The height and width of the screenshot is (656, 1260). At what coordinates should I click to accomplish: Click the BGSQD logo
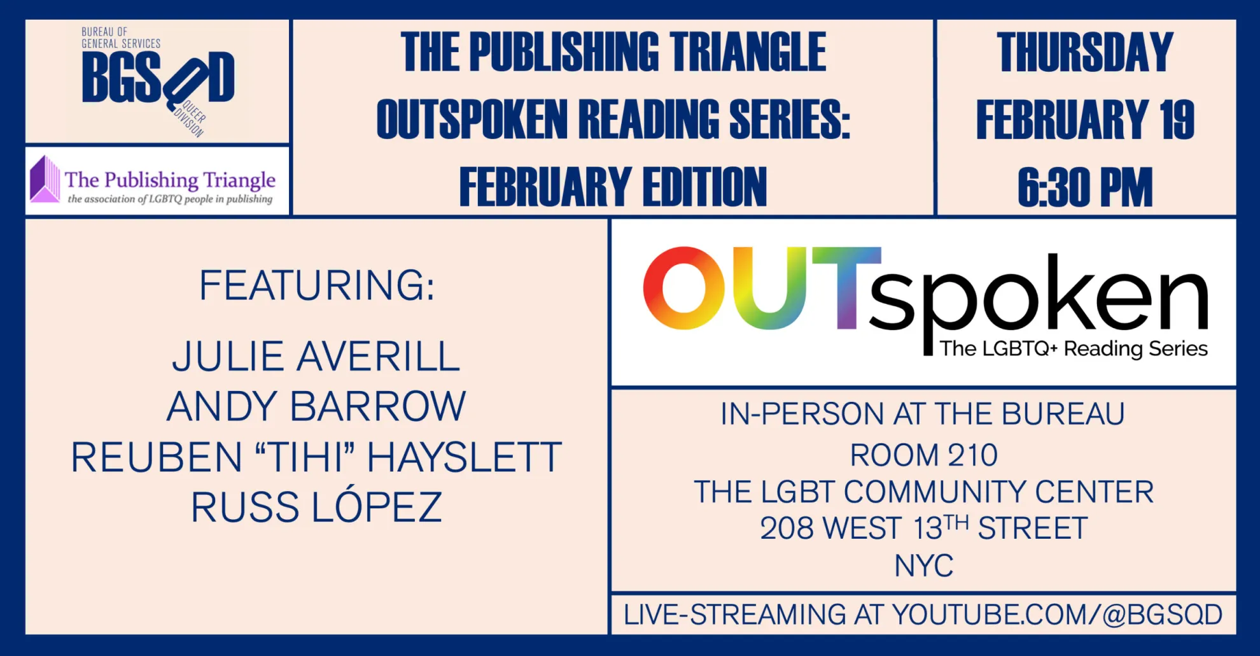pyautogui.click(x=158, y=82)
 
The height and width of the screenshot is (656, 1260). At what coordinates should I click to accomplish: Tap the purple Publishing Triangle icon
pyautogui.click(x=45, y=180)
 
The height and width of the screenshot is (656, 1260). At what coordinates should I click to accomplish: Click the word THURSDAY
pyautogui.click(x=1085, y=52)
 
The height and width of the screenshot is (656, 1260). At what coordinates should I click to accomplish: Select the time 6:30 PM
pyautogui.click(x=1085, y=187)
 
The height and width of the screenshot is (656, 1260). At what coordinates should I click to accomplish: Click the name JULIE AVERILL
pyautogui.click(x=316, y=356)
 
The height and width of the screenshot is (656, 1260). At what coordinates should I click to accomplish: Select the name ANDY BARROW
pyautogui.click(x=316, y=406)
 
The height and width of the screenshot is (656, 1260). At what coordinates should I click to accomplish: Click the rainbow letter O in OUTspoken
pyautogui.click(x=684, y=288)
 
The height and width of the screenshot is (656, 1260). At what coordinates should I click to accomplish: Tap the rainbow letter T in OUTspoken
pyautogui.click(x=846, y=288)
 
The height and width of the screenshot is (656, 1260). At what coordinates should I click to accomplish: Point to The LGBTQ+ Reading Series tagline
pyautogui.click(x=1074, y=349)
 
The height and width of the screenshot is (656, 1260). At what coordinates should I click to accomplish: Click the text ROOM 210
pyautogui.click(x=924, y=455)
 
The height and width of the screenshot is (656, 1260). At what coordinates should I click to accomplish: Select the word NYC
pyautogui.click(x=924, y=566)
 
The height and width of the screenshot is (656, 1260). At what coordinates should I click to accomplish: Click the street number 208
pyautogui.click(x=787, y=529)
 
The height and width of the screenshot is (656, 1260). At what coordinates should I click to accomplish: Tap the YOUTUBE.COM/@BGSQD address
pyautogui.click(x=1057, y=615)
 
